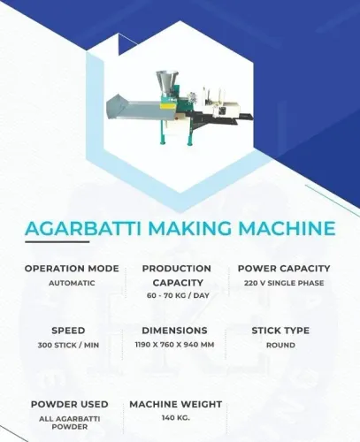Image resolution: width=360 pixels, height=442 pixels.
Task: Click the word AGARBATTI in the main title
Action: (x=83, y=228)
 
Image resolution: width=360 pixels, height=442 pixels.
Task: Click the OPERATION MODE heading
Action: (x=72, y=269)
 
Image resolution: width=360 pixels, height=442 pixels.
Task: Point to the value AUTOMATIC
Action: (x=72, y=283)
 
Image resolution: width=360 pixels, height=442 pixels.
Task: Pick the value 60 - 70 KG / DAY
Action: (x=178, y=295)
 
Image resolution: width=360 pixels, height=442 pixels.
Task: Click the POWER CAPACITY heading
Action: (x=284, y=269)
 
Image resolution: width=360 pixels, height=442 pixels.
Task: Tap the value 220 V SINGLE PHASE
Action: (x=284, y=283)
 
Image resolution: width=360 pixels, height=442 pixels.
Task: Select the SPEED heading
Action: (x=68, y=331)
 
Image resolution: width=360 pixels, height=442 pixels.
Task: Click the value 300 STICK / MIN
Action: (x=68, y=345)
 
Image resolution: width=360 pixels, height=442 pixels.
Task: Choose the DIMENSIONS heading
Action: (x=174, y=331)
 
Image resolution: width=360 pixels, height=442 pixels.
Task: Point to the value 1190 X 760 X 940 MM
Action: (x=174, y=345)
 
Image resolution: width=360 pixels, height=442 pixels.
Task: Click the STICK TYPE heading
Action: (x=280, y=331)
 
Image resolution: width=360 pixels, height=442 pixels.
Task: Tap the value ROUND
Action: (x=280, y=345)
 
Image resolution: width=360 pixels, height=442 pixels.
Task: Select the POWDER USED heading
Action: (x=70, y=404)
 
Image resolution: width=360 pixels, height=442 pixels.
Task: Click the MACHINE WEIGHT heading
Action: (x=176, y=404)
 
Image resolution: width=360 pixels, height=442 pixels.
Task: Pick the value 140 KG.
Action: (x=176, y=418)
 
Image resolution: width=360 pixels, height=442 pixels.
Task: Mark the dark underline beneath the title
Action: (x=57, y=242)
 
